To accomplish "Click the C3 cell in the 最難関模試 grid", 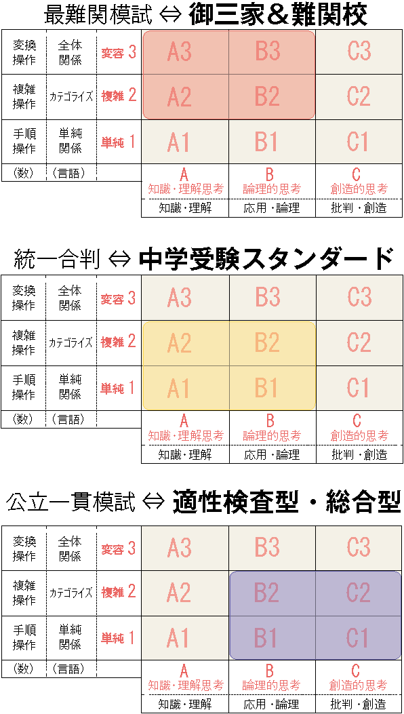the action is tap(359, 52).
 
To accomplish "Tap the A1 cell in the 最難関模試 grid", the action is tap(185, 142).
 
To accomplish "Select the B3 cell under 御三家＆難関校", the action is tap(272, 52).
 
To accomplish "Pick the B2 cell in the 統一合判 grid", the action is tap(272, 343).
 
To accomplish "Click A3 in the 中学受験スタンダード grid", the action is tap(185, 298).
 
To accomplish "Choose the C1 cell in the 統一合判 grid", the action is tap(359, 388).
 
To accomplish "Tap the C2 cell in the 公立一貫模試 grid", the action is tap(359, 593).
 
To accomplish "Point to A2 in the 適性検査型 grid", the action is tap(185, 593).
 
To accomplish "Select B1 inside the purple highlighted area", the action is tap(272, 637).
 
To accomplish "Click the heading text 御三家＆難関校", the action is tap(277, 16).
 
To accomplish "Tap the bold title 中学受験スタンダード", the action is tap(266, 261).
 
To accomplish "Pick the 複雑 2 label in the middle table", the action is tap(119, 342).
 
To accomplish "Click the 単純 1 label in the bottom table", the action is tap(119, 637).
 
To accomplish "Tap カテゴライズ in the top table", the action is tap(71, 96).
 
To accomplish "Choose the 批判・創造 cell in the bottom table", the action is tap(359, 704).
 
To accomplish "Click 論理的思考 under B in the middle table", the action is tap(271, 435).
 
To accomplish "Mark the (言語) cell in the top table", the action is tap(68, 174).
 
